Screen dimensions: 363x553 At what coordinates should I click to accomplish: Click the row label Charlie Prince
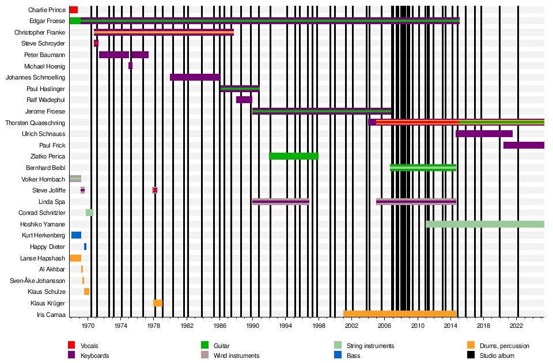click(x=47, y=10)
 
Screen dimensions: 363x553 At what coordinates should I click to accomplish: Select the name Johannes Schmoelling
click(x=35, y=77)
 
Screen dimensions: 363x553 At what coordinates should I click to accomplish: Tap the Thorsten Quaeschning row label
click(x=35, y=123)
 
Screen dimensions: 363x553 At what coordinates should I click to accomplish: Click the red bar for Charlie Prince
click(x=74, y=10)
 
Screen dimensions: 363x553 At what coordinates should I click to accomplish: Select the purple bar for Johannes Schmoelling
click(x=195, y=77)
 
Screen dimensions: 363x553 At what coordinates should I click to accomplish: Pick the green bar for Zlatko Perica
click(x=294, y=156)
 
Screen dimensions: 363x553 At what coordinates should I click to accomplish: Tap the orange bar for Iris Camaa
click(x=400, y=314)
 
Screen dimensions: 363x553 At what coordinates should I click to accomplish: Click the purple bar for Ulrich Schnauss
click(x=484, y=134)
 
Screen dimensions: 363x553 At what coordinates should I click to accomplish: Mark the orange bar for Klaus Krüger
click(x=158, y=303)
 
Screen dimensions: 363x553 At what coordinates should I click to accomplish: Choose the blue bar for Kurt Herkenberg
click(x=76, y=235)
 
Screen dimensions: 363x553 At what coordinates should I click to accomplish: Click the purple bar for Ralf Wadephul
click(x=244, y=100)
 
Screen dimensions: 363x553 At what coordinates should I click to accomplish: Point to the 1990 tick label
click(x=253, y=326)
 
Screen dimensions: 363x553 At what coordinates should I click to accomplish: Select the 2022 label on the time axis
click(x=516, y=326)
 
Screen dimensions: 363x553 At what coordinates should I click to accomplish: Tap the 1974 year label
click(x=121, y=326)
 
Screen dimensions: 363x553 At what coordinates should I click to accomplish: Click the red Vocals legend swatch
click(x=71, y=345)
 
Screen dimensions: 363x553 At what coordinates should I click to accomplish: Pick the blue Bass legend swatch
click(x=339, y=355)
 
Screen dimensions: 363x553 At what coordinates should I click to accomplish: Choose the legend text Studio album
click(x=497, y=356)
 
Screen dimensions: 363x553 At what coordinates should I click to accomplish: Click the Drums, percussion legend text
click(x=504, y=346)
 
